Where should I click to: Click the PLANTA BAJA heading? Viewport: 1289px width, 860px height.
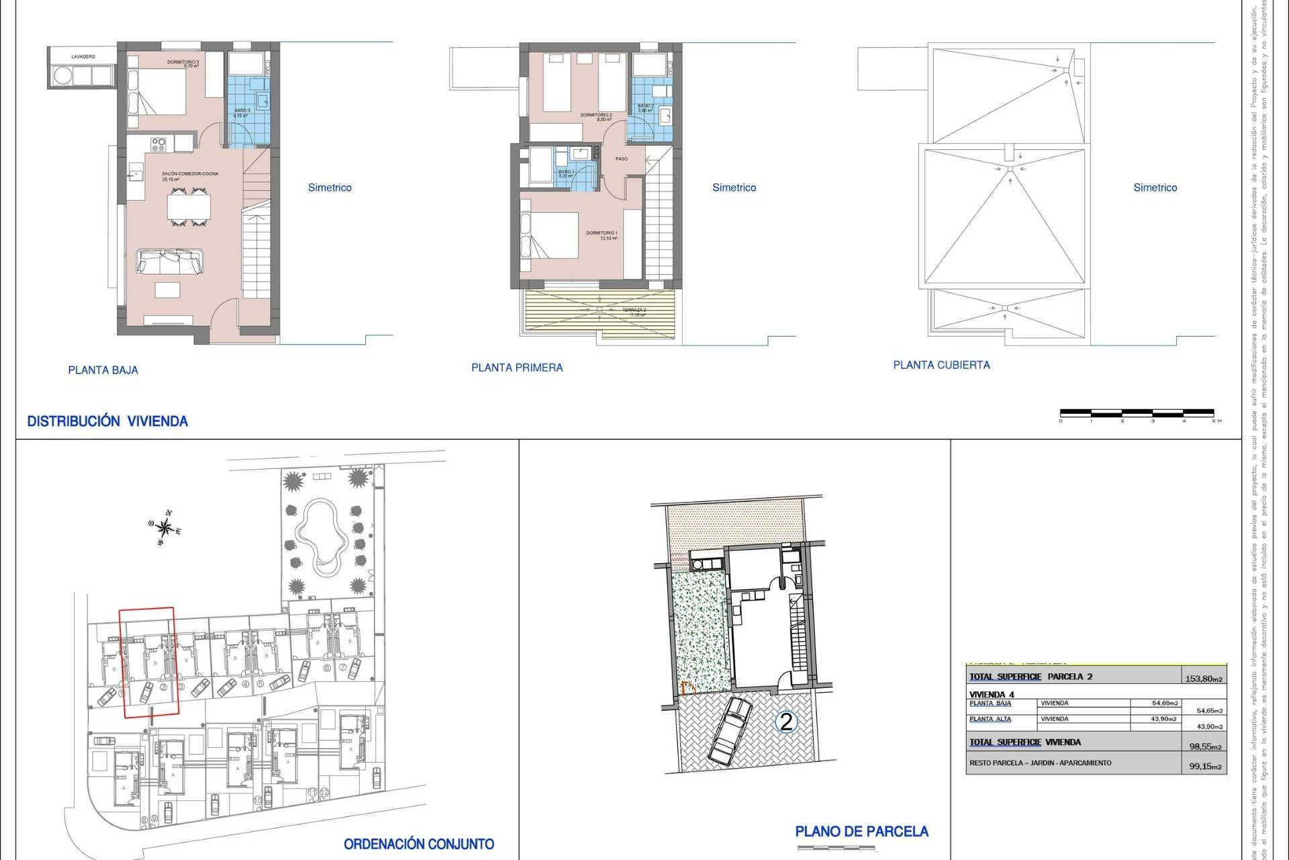point(103,370)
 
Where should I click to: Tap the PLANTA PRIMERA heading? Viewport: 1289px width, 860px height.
point(517,368)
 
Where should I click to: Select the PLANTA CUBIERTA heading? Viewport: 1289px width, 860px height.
point(941,365)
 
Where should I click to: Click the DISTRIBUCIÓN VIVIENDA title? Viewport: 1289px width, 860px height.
point(107,421)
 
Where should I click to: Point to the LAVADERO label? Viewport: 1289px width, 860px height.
point(83,57)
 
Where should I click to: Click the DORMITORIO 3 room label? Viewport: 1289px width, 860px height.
point(183,64)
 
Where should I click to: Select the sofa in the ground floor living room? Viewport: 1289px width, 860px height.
point(170,261)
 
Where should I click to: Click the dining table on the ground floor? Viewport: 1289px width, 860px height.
point(189,207)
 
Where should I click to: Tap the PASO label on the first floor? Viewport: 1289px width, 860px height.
point(622,159)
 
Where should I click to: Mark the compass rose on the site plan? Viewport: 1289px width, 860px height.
point(164,527)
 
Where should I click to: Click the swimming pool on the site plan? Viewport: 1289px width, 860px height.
point(322,537)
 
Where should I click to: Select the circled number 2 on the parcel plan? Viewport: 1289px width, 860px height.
point(785,722)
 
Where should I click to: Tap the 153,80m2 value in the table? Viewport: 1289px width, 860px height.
point(1204,679)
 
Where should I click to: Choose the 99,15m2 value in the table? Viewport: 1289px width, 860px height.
point(1205,766)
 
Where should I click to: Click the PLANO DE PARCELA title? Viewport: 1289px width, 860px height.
point(861,832)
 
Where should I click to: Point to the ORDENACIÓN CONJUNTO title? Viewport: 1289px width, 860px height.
point(419,844)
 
